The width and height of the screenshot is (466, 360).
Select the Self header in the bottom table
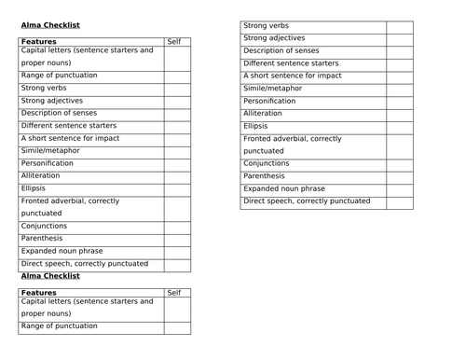tap(174, 293)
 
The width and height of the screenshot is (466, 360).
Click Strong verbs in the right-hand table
tap(266, 26)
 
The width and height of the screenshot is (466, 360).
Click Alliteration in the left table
tap(40, 175)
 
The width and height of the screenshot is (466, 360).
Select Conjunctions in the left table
tap(44, 226)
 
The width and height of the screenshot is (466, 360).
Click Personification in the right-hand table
tap(269, 101)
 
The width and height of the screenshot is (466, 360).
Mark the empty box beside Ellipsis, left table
tap(177, 188)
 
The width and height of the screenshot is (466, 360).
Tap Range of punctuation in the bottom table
tap(59, 326)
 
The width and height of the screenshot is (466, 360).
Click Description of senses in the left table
tap(60, 113)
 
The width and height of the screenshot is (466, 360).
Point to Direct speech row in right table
tap(307, 201)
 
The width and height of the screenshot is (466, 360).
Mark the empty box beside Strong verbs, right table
tap(399, 26)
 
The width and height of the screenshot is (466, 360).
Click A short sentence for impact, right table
tap(292, 76)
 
